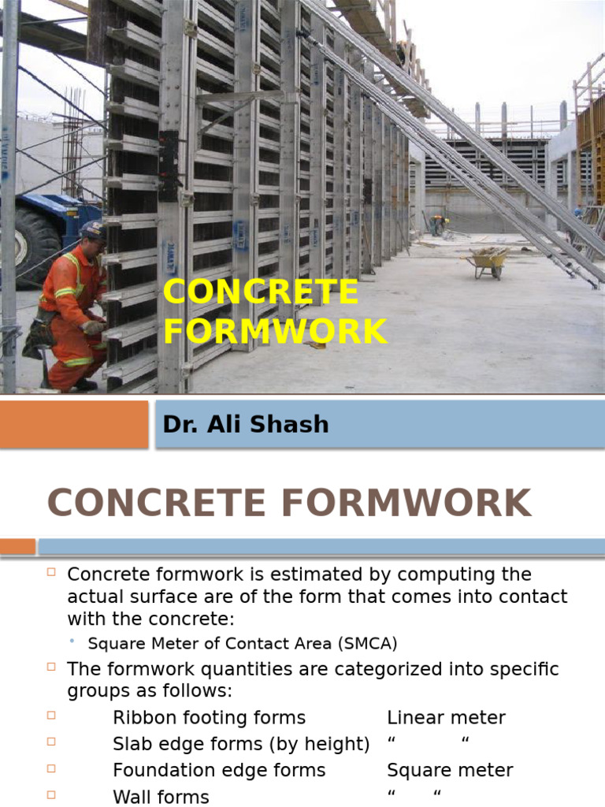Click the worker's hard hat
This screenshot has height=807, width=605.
point(92,229)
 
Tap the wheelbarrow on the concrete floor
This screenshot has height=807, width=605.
point(488,261)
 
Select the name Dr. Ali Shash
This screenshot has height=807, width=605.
point(245,424)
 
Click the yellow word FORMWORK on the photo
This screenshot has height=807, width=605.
point(276,332)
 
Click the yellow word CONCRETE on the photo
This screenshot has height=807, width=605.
point(261,292)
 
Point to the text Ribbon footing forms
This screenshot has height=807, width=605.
point(209,718)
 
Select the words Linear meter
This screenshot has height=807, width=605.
point(446,718)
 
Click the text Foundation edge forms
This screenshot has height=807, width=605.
point(219,770)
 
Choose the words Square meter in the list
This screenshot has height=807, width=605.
point(450,770)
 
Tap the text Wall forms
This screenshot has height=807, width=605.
point(161,797)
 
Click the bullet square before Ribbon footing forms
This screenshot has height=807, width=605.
point(51,716)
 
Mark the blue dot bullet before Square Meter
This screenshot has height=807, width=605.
point(72,642)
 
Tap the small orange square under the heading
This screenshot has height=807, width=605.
point(17,546)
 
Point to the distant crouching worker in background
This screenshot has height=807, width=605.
point(437,224)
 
